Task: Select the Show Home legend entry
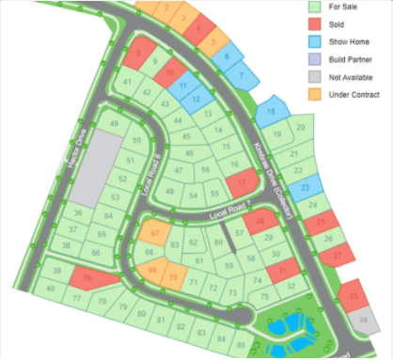tap(344, 42)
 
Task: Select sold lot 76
tap(88, 279)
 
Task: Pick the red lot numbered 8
tap(141, 55)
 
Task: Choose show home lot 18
tap(271, 113)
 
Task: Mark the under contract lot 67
tap(155, 232)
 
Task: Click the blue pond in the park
tap(281, 330)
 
